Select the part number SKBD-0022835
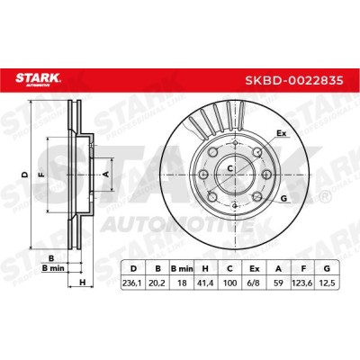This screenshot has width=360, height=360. click(x=294, y=80)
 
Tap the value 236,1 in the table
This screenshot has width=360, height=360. click(x=133, y=283)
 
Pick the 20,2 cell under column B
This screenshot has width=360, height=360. click(x=157, y=283)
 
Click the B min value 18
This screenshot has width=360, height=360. click(x=182, y=283)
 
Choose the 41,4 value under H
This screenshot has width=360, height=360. click(x=205, y=283)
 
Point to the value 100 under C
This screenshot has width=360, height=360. click(x=230, y=283)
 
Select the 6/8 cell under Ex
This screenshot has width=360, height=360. click(x=255, y=283)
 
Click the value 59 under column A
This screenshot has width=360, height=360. click(x=279, y=283)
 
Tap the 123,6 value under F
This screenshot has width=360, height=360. click(x=303, y=283)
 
